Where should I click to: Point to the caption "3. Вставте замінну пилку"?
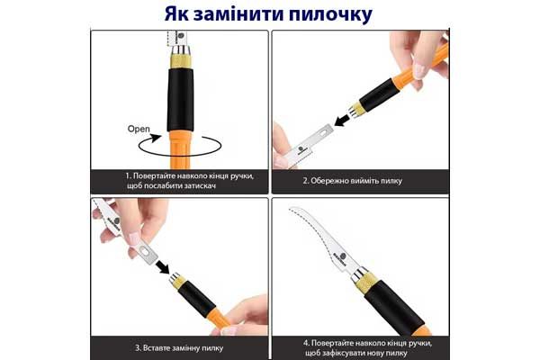coord(179,346)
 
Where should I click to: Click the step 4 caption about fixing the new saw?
coord(359,346)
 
